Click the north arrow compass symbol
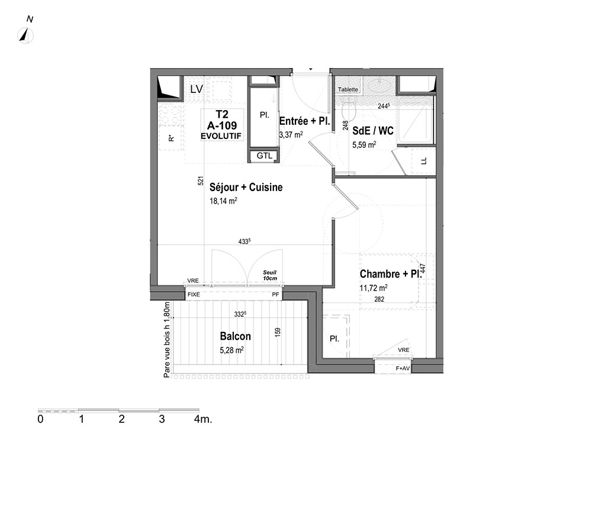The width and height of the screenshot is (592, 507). pyautogui.click(x=25, y=36)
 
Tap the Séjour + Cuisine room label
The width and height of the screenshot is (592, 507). pyautogui.click(x=246, y=187)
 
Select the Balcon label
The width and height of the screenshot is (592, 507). pyautogui.click(x=235, y=336)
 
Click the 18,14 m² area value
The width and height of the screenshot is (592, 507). pyautogui.click(x=224, y=201)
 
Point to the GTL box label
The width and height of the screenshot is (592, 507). pyautogui.click(x=264, y=156)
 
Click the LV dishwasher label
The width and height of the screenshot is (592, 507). pyautogui.click(x=197, y=89)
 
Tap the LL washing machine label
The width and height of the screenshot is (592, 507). pyautogui.click(x=424, y=161)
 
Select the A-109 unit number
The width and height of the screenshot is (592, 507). pyautogui.click(x=222, y=125)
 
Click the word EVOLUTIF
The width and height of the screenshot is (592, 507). pyautogui.click(x=221, y=136)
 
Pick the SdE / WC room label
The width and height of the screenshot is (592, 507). pyautogui.click(x=372, y=131)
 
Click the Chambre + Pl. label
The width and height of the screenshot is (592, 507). pyautogui.click(x=390, y=274)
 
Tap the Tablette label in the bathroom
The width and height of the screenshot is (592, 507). pyautogui.click(x=348, y=89)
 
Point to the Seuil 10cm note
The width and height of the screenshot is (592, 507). pyautogui.click(x=270, y=275)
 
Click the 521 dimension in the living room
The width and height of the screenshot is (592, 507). pyautogui.click(x=201, y=180)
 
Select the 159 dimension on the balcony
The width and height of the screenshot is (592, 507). pyautogui.click(x=278, y=332)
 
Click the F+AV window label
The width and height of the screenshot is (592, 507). pyautogui.click(x=403, y=368)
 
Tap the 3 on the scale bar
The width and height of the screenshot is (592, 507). pyautogui.click(x=162, y=419)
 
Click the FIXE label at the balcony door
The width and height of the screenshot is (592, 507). pyautogui.click(x=194, y=294)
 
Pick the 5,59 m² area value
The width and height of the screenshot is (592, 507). pyautogui.click(x=364, y=144)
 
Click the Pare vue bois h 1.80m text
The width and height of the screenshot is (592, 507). pyautogui.click(x=167, y=340)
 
